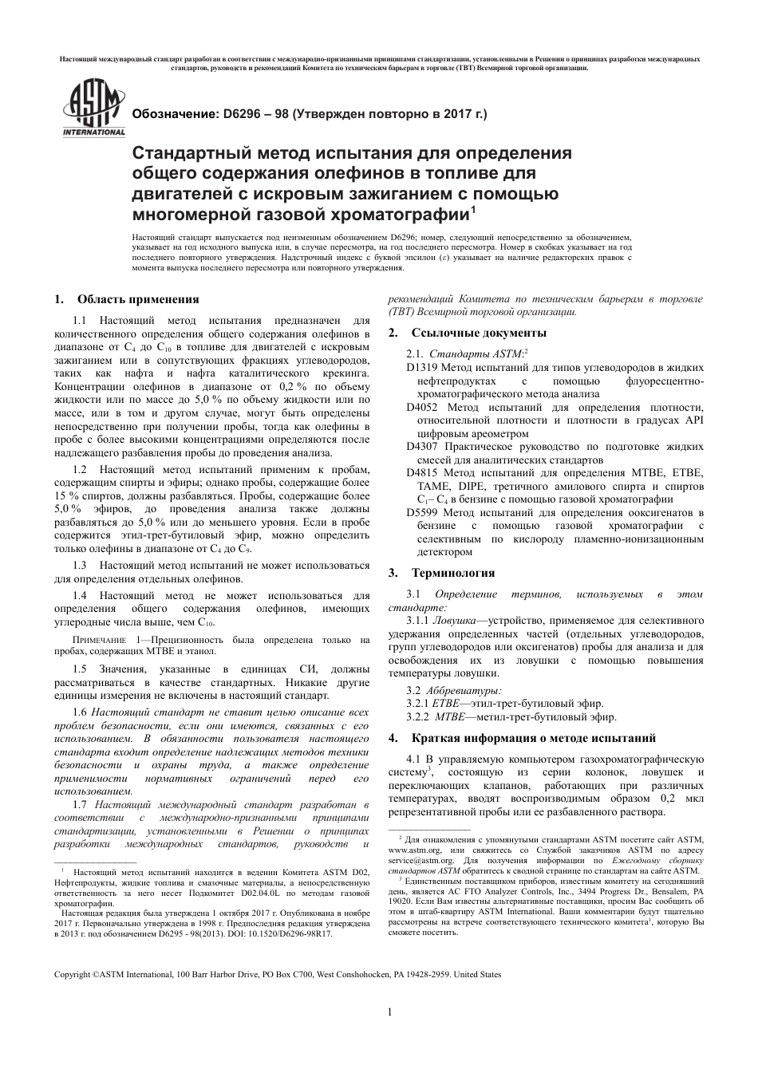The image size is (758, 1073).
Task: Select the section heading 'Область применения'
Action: (137, 300)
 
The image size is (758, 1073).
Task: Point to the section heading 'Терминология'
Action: (452, 573)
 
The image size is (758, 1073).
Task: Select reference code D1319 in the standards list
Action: (422, 368)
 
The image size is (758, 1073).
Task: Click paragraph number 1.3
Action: (80, 565)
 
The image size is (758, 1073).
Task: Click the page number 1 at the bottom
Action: (389, 1012)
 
